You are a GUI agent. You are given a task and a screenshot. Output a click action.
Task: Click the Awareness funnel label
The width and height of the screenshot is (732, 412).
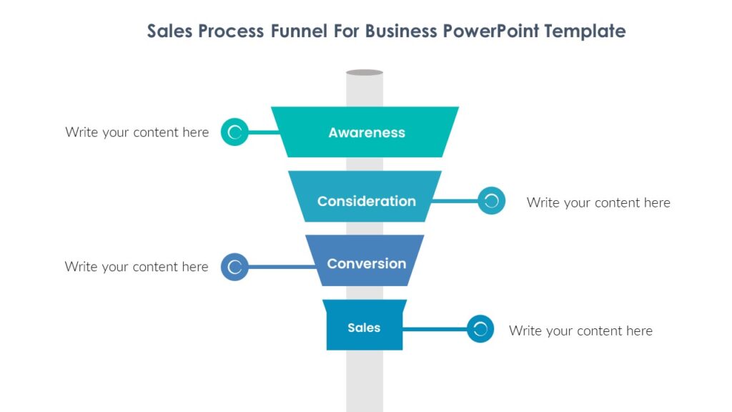tap(367, 132)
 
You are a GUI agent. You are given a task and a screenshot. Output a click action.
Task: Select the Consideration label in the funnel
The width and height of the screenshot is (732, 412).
tap(366, 201)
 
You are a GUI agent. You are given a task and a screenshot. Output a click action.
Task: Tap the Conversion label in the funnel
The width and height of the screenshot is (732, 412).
tap(366, 263)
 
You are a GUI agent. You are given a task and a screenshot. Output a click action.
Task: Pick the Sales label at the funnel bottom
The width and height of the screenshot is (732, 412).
tap(364, 328)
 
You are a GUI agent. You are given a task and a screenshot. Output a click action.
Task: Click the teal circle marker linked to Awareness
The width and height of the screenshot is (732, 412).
tap(234, 132)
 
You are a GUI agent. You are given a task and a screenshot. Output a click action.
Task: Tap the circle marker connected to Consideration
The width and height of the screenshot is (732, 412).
tap(491, 201)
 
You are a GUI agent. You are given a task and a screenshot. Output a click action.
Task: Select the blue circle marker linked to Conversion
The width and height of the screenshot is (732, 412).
tap(234, 267)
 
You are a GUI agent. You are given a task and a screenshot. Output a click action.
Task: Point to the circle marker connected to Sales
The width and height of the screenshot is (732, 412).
tap(480, 329)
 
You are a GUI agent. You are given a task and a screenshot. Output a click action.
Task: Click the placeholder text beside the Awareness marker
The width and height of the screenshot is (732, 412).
tap(137, 132)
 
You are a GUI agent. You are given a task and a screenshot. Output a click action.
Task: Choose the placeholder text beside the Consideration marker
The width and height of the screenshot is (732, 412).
tap(598, 202)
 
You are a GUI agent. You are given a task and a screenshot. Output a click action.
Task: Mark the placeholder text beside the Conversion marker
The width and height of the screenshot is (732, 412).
tap(137, 267)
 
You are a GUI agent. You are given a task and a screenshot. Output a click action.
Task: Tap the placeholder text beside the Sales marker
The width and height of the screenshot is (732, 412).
tap(580, 330)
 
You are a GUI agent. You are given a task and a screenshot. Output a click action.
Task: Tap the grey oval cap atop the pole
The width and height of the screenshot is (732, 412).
tap(365, 72)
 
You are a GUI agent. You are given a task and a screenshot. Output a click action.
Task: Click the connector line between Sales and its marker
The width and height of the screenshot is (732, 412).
tap(435, 329)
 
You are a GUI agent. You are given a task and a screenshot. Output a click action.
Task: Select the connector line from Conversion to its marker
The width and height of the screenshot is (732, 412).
tap(280, 267)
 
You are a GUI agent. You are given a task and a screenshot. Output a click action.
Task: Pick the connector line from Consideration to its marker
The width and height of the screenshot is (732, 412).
tap(455, 201)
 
